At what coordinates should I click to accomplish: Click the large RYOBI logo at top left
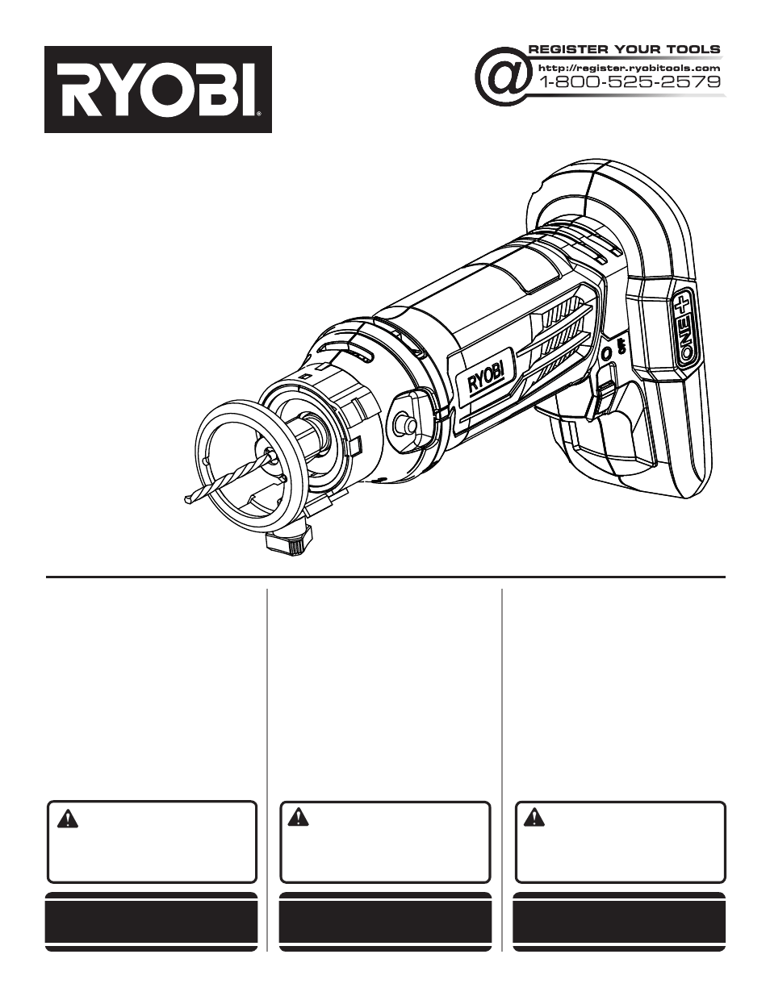click(157, 90)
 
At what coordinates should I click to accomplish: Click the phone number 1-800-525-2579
click(629, 81)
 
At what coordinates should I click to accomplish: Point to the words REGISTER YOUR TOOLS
click(624, 50)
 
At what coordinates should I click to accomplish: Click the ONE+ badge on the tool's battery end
click(684, 327)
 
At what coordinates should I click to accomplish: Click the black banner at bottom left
click(151, 922)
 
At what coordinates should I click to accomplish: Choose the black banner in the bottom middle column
click(385, 922)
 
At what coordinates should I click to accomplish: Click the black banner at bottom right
click(619, 922)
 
